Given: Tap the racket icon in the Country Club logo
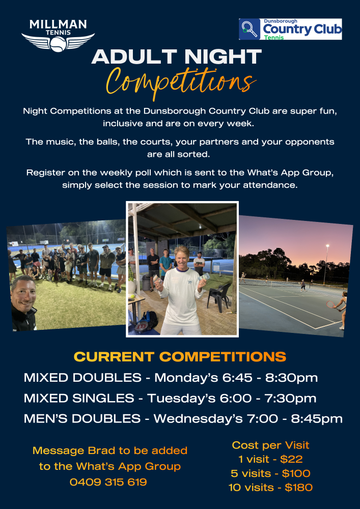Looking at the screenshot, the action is [x=250, y=29].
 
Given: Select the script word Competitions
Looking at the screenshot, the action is [x=180, y=82].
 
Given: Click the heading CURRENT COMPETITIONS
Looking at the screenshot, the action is [x=180, y=357].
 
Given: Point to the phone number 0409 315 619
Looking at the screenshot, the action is [x=108, y=482].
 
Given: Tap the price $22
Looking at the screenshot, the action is [x=291, y=459].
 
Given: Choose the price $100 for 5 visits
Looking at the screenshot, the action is [x=296, y=473].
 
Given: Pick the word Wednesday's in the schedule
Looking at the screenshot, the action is [x=198, y=418].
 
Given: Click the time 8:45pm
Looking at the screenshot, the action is [x=317, y=419].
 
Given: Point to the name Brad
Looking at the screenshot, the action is [x=99, y=450].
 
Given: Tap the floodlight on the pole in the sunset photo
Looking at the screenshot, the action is [x=327, y=246].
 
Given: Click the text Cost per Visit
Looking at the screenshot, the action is [x=270, y=445].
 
